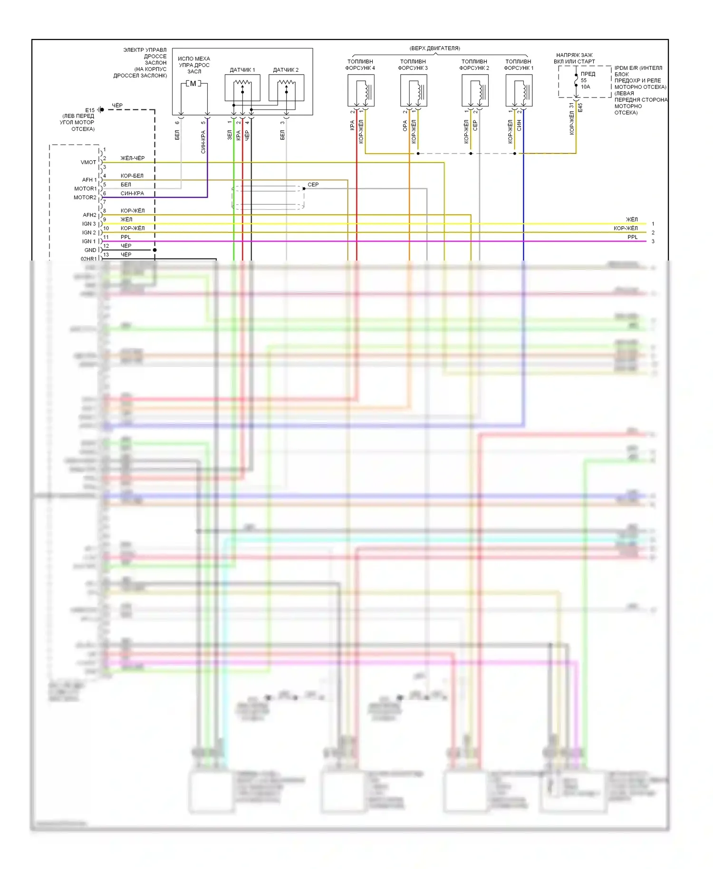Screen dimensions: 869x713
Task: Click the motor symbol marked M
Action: coord(193,84)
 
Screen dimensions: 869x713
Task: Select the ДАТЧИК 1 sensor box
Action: coord(242,88)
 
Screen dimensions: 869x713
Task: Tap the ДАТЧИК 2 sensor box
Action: coord(286,88)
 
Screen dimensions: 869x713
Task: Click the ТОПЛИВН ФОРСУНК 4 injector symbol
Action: coord(361,90)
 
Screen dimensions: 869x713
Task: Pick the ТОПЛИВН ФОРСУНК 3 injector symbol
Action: coord(414,90)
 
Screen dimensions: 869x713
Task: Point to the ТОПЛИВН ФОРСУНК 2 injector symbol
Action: coord(475,90)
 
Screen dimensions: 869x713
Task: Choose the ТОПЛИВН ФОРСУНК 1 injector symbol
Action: coord(519,90)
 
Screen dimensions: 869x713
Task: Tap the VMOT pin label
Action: coord(88,163)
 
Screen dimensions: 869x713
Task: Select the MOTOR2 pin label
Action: coord(85,198)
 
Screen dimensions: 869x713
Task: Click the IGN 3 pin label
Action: coord(89,224)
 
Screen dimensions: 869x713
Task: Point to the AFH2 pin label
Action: coord(89,215)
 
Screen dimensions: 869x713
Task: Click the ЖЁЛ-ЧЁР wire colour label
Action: coord(133,158)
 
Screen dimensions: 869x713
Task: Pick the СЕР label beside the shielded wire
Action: coord(313,184)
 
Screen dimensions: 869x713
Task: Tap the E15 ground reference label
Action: coord(90,110)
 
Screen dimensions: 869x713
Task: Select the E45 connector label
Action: coord(580,108)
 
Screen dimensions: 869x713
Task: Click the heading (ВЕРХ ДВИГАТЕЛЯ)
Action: coord(434,48)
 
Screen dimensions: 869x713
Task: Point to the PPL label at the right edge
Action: coord(632,237)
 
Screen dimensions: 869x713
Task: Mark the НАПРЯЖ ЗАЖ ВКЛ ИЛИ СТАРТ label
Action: coord(574,58)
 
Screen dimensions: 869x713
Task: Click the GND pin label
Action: coord(90,250)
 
